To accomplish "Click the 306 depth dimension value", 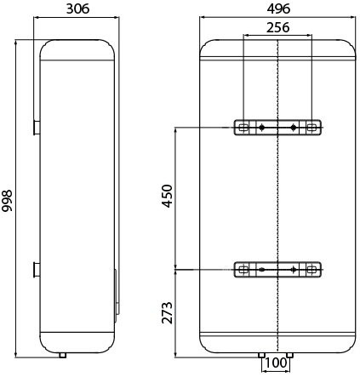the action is [77, 9].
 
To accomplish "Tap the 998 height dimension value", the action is [7, 201].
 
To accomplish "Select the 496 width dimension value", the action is [278, 9].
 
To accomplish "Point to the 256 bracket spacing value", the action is [277, 27].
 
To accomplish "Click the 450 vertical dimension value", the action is [167, 196].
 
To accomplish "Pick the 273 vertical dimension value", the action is [167, 313].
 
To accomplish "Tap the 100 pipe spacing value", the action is [276, 363].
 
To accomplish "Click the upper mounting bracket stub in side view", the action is [37, 128].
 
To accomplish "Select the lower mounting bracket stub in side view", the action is [37, 270].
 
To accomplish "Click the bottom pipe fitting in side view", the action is [63, 355].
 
